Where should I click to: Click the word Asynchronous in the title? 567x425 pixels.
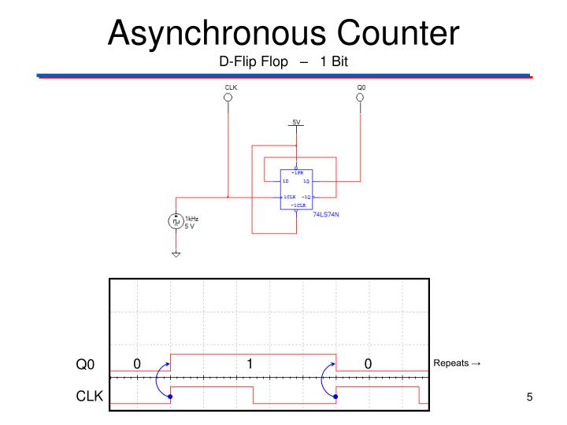pyautogui.click(x=217, y=33)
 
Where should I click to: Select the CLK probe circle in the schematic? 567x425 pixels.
pyautogui.click(x=229, y=98)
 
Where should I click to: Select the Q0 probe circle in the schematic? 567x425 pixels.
pyautogui.click(x=361, y=98)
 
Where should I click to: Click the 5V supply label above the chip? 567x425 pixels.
pyautogui.click(x=296, y=122)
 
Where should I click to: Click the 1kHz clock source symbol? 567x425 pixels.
pyautogui.click(x=176, y=222)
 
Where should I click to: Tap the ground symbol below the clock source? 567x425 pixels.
pyautogui.click(x=176, y=255)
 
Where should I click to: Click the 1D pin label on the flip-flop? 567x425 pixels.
pyautogui.click(x=287, y=181)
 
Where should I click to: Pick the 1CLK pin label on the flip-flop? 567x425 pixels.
pyautogui.click(x=289, y=196)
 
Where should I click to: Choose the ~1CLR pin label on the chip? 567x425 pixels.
pyautogui.click(x=296, y=205)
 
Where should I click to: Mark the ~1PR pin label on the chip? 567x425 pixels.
pyautogui.click(x=296, y=172)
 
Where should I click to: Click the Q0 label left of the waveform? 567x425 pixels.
pyautogui.click(x=85, y=364)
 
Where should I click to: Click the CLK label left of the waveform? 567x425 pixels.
pyautogui.click(x=89, y=397)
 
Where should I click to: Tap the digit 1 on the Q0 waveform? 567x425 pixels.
pyautogui.click(x=249, y=364)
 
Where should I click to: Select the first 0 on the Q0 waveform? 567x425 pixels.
pyautogui.click(x=137, y=364)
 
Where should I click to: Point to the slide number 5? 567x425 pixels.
pyautogui.click(x=530, y=397)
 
